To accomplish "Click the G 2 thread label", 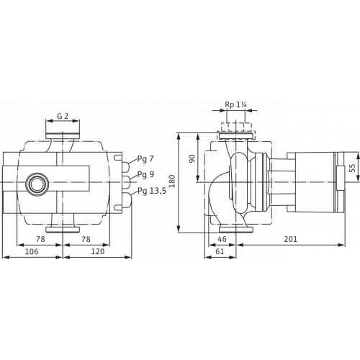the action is coord(63,116).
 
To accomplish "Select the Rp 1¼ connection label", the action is coord(235,105).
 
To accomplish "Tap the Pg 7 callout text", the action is coord(145,159).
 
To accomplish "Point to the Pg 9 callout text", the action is coord(145,175).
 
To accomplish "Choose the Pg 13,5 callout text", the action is coord(152,191).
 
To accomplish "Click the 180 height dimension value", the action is coord(172,181).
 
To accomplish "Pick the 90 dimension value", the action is coord(192,158).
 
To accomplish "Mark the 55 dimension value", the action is coord(352,168).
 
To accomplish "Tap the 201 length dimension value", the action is coord(291,239).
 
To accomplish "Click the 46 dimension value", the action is coord(222,239).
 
